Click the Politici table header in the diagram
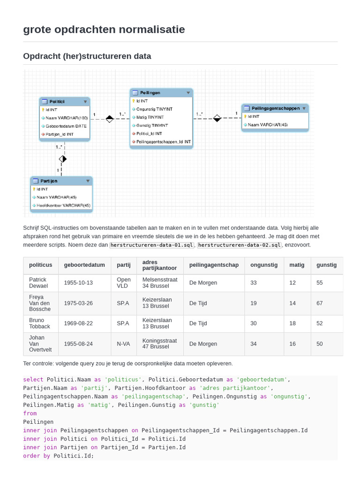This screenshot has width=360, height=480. (57, 101)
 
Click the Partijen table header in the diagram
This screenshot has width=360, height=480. (49, 180)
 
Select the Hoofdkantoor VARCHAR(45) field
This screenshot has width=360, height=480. (64, 205)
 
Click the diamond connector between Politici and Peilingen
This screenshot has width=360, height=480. (109, 119)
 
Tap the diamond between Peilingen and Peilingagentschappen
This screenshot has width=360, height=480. (217, 118)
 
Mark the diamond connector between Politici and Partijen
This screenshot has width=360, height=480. (63, 159)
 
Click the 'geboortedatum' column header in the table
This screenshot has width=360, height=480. (84, 265)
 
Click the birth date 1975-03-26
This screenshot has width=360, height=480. (78, 303)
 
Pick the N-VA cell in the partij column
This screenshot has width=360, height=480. (124, 344)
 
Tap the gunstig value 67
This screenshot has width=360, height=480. (320, 303)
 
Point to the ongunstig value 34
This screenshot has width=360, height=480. (254, 344)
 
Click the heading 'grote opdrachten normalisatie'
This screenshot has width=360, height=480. (104, 30)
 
